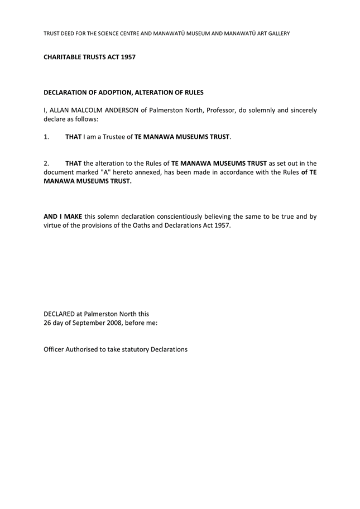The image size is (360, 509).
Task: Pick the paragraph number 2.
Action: tap(46, 164)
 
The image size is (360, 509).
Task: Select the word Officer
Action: tap(56, 349)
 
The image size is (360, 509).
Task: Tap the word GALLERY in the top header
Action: tap(277, 33)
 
